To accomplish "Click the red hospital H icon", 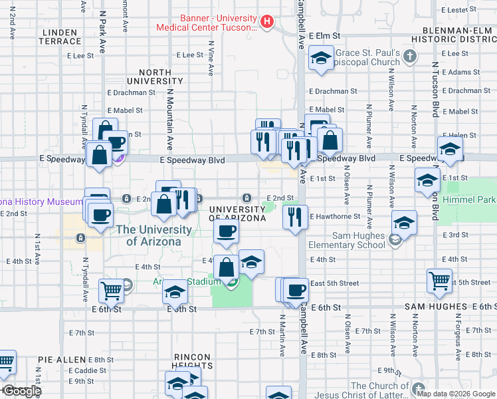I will click(x=266, y=22).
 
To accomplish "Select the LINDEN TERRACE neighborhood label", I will click(x=61, y=37).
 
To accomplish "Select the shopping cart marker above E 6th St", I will click(x=111, y=290).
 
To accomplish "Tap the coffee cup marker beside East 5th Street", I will click(x=296, y=289).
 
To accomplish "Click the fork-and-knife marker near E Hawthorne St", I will click(x=295, y=217).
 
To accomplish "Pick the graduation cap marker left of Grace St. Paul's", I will click(x=321, y=58).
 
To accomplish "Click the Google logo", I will click(x=21, y=391).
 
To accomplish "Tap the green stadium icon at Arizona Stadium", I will click(x=232, y=283).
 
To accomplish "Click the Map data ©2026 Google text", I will click(x=455, y=393).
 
